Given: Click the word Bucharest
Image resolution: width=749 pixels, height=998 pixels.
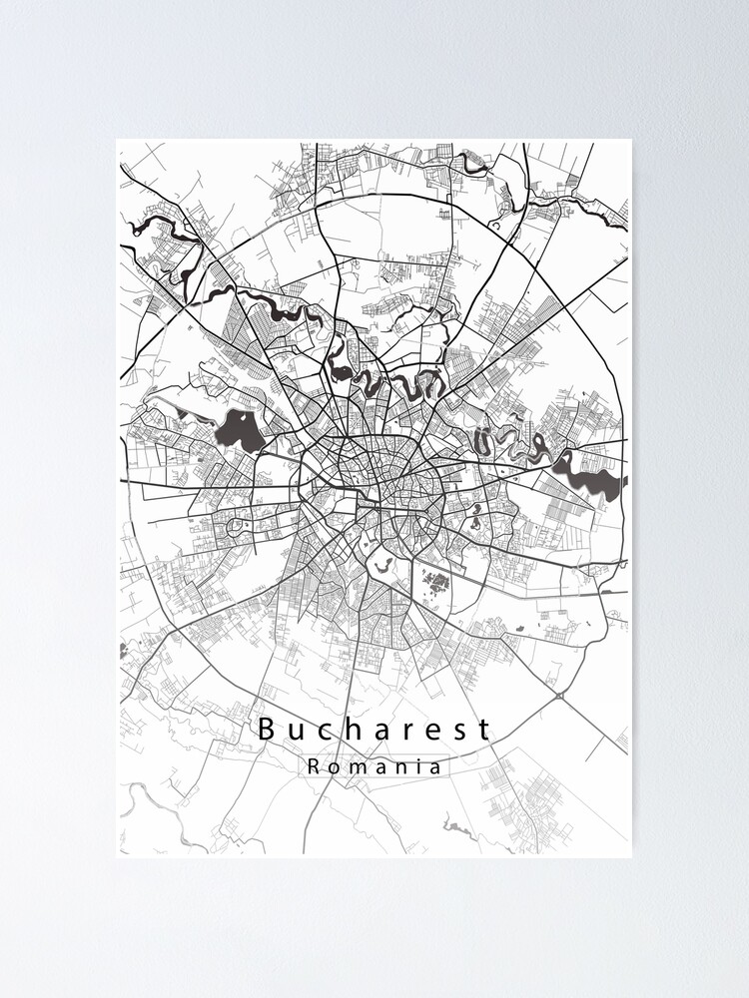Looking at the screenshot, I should click(x=374, y=730).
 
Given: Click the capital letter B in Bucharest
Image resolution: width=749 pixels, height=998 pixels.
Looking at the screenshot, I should click(x=267, y=730).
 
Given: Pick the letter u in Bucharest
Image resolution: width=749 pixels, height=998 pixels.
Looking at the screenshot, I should click(x=293, y=732).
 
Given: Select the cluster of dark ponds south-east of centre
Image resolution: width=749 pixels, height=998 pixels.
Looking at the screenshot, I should click(x=435, y=579).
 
